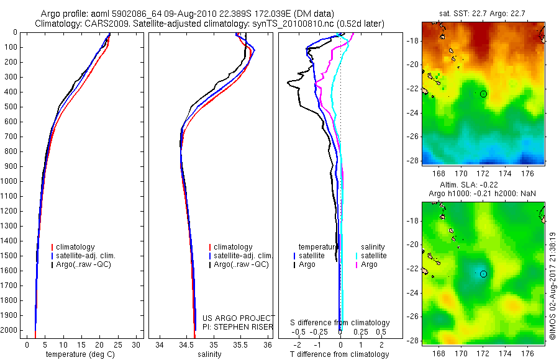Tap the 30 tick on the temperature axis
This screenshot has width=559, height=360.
[x=137, y=344]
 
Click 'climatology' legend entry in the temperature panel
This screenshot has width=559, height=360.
[x=77, y=247]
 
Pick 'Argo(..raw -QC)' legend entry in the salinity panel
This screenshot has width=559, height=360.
[x=241, y=264]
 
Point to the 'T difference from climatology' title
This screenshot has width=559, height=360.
[x=340, y=354]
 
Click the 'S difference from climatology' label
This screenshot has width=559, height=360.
[x=340, y=323]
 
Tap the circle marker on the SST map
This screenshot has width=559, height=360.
[x=483, y=94]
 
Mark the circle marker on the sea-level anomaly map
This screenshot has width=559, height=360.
[x=483, y=274]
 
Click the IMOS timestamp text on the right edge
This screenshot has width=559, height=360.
[x=552, y=286]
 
